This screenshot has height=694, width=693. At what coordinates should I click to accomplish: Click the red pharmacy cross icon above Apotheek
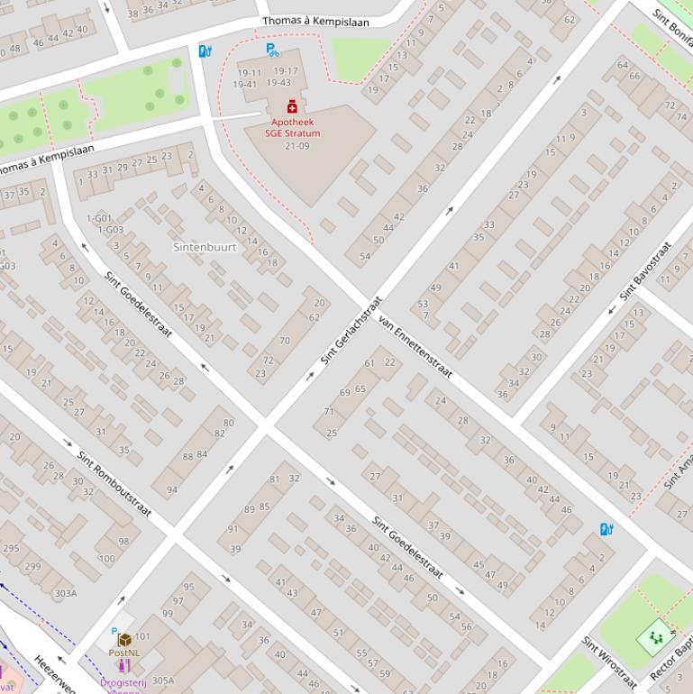point(292,107)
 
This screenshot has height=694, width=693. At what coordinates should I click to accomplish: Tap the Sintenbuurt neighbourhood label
point(205,246)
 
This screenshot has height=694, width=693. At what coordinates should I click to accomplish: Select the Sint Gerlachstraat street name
point(352,330)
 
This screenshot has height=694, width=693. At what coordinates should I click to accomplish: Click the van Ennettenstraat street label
point(415,345)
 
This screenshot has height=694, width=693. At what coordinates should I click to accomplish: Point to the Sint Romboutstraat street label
point(114,484)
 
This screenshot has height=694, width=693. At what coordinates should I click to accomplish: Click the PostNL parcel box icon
point(124,640)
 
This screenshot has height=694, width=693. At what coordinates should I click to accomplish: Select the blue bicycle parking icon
point(272,50)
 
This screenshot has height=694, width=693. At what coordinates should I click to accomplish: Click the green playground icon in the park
point(655,638)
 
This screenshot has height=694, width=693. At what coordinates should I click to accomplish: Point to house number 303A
point(65,593)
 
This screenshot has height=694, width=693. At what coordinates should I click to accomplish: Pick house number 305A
point(162,680)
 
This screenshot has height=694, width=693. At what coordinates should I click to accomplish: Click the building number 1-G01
point(99,218)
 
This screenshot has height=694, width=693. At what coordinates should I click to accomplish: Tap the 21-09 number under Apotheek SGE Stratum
point(296,146)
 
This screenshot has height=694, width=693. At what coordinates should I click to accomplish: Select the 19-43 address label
point(285,84)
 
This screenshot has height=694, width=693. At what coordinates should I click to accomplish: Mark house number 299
point(32,566)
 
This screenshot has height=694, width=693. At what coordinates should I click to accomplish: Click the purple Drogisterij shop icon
point(123,666)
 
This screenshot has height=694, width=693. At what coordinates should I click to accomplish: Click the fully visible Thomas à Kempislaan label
point(315,22)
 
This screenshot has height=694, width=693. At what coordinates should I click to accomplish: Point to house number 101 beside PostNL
point(142,637)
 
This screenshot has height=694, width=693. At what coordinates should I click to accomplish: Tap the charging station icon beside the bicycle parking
point(205,51)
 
